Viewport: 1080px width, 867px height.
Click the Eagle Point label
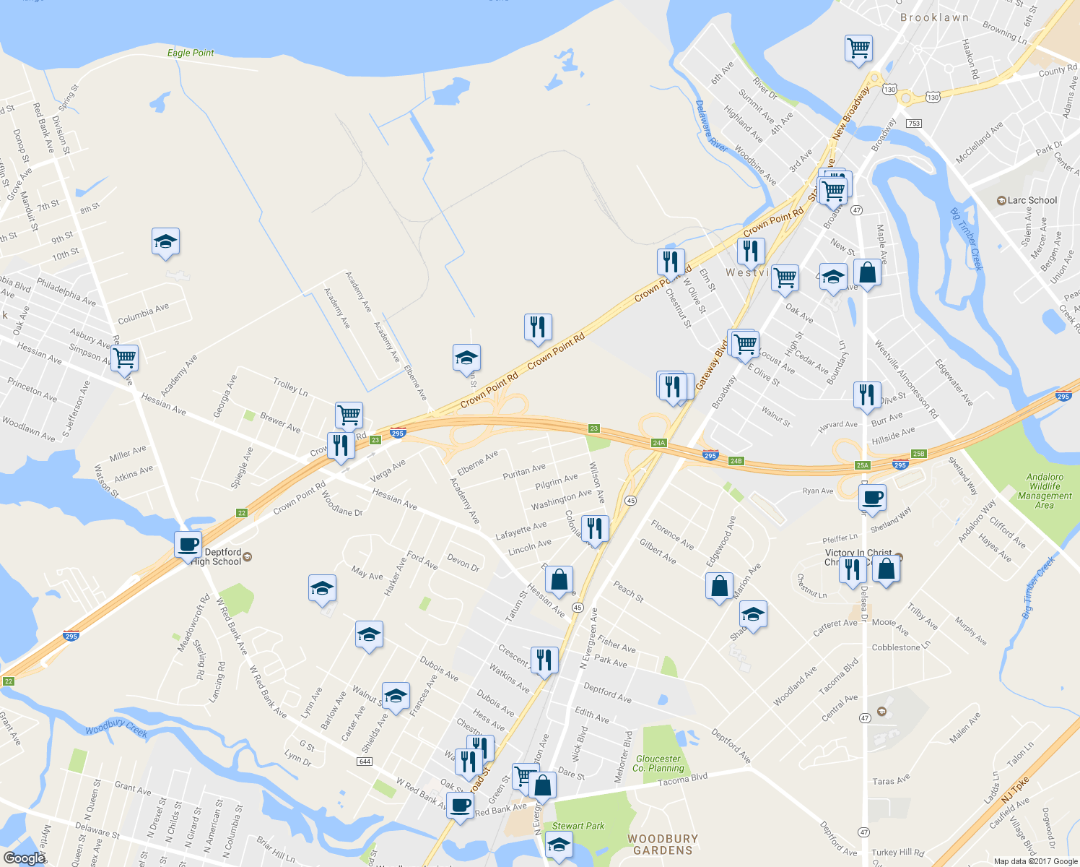click(191, 53)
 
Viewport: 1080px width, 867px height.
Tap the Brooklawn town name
click(934, 17)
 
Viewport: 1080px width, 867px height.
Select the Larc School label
click(1032, 200)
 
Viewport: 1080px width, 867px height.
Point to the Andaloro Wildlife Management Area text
click(1045, 491)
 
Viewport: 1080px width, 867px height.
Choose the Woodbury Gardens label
click(663, 844)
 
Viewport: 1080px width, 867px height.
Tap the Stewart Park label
click(578, 826)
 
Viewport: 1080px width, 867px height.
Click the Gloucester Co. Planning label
click(658, 763)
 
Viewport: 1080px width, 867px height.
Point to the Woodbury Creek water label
click(116, 728)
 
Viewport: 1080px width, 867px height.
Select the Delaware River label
click(710, 124)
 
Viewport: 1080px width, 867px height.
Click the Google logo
click(24, 858)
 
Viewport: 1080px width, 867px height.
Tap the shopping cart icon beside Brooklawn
click(858, 49)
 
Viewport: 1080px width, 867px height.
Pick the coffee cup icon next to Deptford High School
click(188, 545)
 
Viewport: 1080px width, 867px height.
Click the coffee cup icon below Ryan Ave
click(872, 497)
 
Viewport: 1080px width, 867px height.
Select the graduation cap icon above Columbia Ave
click(165, 242)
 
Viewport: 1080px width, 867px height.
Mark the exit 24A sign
click(658, 443)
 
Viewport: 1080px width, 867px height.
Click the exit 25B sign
click(918, 454)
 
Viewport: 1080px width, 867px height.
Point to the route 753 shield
click(914, 124)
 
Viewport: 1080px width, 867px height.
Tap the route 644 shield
click(364, 762)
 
